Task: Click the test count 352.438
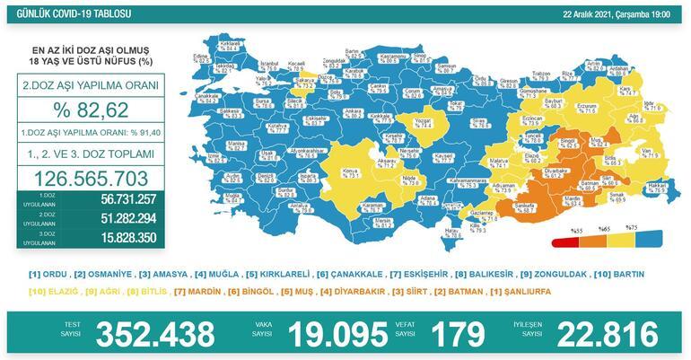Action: pyautogui.click(x=154, y=334)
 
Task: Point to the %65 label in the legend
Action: pyautogui.click(x=606, y=230)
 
